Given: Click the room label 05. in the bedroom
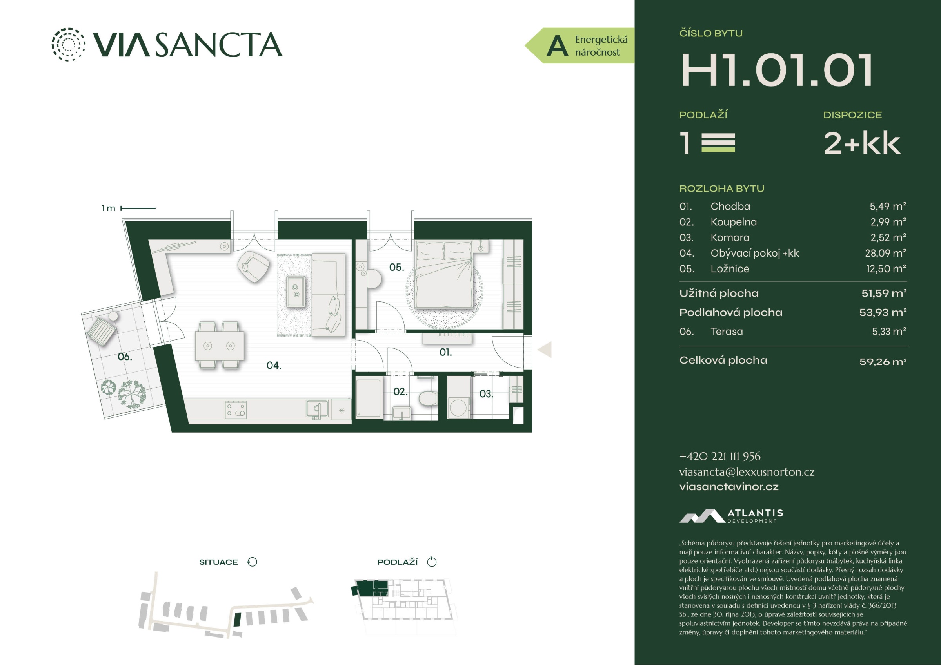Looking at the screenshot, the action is (x=396, y=268).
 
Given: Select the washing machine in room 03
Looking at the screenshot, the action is (x=458, y=407).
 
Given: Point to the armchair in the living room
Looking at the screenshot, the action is (x=253, y=266).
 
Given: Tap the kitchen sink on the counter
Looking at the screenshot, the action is (x=317, y=409).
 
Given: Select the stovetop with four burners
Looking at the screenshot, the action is (x=236, y=410).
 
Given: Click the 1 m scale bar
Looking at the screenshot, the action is (x=138, y=208).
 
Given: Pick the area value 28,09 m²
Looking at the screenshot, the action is (x=885, y=253).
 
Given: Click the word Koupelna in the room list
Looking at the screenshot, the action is (x=734, y=222).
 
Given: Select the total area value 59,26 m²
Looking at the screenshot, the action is (x=883, y=362).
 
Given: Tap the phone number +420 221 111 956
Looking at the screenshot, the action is (x=720, y=456).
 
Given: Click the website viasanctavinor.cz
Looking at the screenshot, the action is (x=729, y=487).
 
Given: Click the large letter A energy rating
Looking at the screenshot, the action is (x=558, y=46).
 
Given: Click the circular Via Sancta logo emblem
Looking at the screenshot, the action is (x=69, y=44).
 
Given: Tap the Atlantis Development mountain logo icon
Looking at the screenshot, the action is (x=702, y=516).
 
